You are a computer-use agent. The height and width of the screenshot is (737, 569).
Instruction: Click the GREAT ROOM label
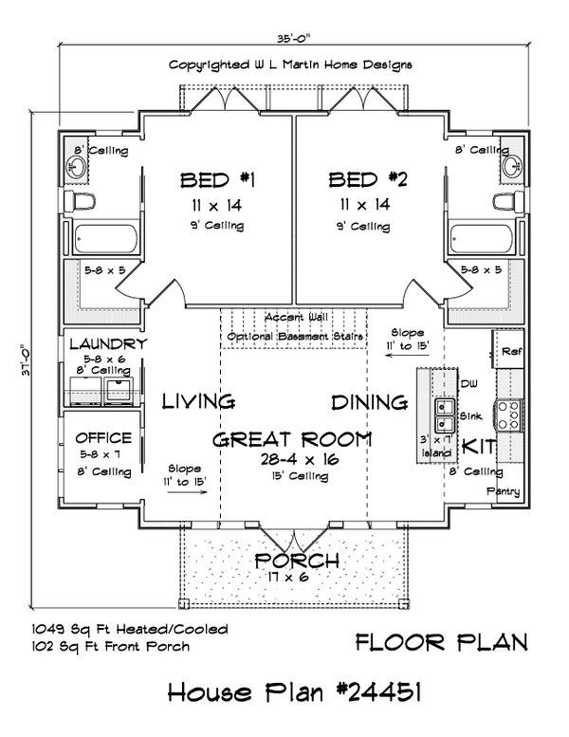[x=291, y=439]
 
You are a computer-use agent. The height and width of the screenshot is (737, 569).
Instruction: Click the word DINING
[x=369, y=402]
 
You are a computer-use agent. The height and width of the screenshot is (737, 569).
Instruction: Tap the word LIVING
[x=198, y=402]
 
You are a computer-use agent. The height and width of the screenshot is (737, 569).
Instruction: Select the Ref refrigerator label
[x=510, y=350]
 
